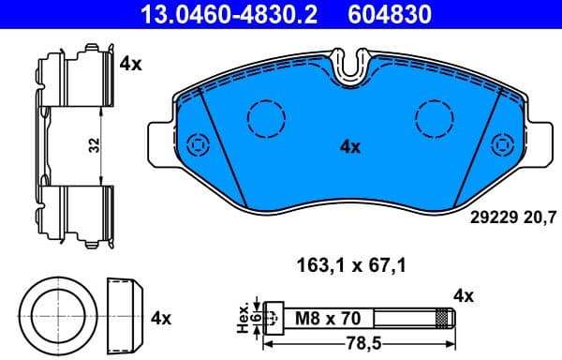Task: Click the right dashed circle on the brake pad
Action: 434,118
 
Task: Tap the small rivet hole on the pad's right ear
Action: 503,145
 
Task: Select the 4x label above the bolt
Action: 464,296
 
